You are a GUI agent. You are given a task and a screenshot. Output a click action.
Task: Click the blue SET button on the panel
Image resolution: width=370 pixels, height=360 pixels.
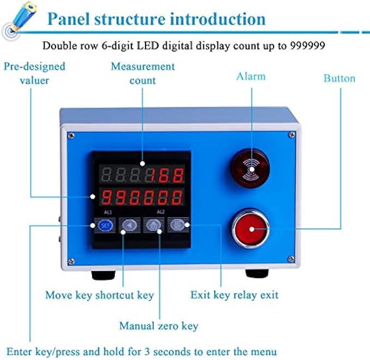pos(106,225)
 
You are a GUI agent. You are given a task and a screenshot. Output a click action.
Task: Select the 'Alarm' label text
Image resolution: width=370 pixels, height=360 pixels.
pos(251,76)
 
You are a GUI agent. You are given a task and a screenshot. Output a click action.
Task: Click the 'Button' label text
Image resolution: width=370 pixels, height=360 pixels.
pos(339,78)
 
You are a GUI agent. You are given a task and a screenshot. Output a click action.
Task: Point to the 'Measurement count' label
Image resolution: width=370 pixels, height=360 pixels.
pos(143,73)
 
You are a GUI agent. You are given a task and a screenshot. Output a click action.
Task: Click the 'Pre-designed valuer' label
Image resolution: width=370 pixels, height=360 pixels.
pos(34,73)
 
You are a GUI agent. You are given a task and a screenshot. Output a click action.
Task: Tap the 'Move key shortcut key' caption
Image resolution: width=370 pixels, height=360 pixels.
pos(99,295)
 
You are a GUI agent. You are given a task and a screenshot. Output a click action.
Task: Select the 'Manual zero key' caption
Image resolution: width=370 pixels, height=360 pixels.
pos(159,326)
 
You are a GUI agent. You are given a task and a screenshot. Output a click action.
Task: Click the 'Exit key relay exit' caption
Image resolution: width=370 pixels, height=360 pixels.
pos(234,295)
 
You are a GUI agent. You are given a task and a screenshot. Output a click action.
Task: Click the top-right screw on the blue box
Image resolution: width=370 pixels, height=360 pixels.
pos(293,134)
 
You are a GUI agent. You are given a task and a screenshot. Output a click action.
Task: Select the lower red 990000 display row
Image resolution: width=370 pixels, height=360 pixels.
pos(142,195)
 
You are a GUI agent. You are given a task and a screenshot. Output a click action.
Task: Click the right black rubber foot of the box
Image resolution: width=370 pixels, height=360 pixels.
pos(258,272)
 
